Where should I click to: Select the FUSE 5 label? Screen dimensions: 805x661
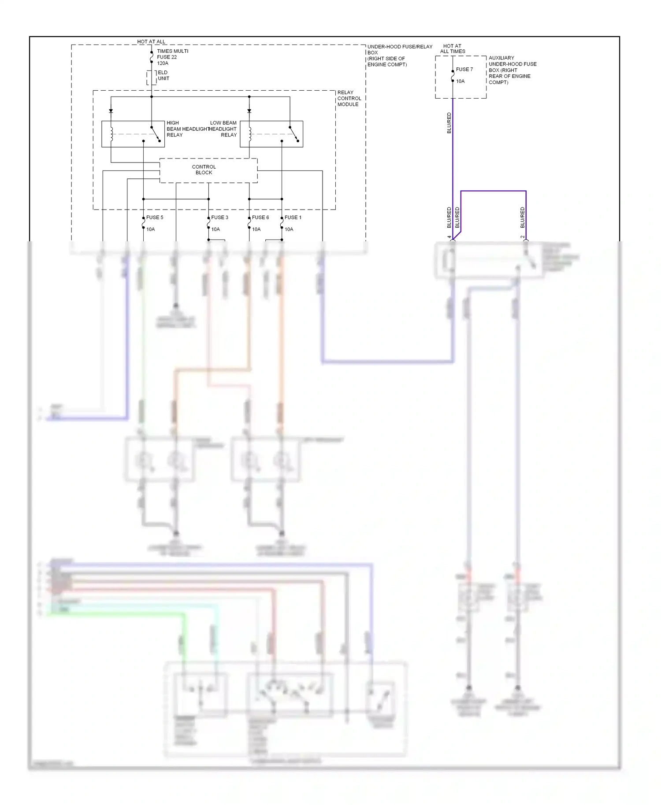click(x=155, y=218)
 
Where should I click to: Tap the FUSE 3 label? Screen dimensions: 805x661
click(x=219, y=218)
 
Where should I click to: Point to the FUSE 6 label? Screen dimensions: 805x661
click(x=260, y=218)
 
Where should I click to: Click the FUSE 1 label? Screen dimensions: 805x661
click(x=293, y=218)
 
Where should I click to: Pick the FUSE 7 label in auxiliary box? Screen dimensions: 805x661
click(x=464, y=70)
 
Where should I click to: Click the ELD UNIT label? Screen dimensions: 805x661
click(x=163, y=75)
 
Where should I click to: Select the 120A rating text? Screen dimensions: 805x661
click(x=163, y=63)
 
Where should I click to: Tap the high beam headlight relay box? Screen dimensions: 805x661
click(x=133, y=134)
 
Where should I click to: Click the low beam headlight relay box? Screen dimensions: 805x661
click(x=271, y=134)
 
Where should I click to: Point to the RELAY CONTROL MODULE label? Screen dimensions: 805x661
click(x=349, y=99)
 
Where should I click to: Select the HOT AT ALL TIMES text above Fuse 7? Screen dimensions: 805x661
click(x=453, y=48)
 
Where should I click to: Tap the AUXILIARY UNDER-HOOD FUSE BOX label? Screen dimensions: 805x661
click(x=512, y=70)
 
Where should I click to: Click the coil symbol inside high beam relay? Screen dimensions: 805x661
click(x=111, y=134)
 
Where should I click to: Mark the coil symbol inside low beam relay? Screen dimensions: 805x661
click(x=250, y=134)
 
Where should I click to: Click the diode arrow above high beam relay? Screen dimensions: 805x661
click(x=111, y=111)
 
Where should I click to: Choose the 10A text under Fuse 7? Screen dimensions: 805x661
click(x=460, y=81)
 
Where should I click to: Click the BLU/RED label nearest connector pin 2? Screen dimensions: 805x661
click(x=523, y=218)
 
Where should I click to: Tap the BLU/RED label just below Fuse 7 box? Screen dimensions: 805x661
click(x=449, y=123)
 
